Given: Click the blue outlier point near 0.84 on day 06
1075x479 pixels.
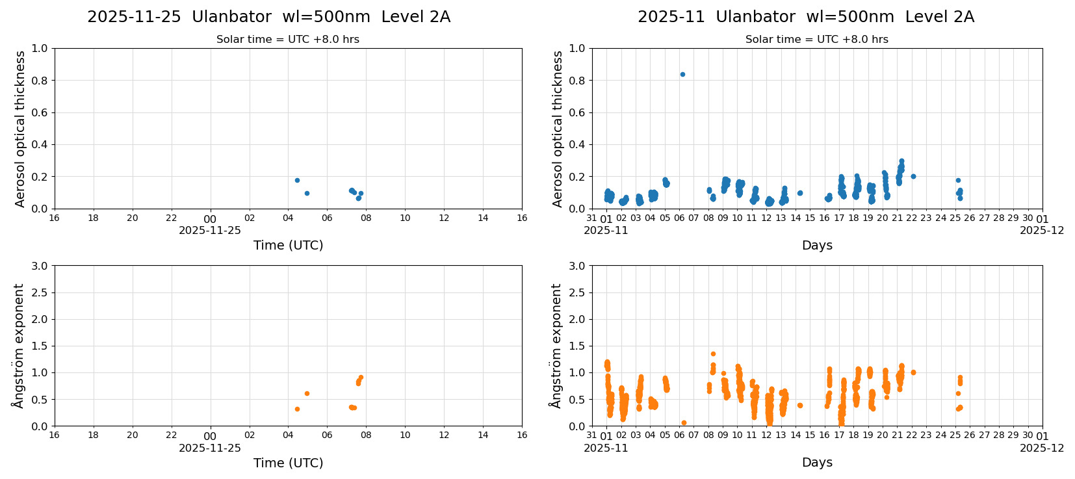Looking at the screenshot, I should [x=682, y=74].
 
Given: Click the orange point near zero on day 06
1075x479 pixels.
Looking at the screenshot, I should [x=684, y=422].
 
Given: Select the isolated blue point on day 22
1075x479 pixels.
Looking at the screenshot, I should [x=913, y=176].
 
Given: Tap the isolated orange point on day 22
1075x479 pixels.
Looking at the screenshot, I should [x=913, y=372].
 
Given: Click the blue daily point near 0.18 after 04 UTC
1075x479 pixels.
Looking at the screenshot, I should [x=297, y=180].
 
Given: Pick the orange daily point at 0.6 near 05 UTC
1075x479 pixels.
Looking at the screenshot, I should [x=307, y=393].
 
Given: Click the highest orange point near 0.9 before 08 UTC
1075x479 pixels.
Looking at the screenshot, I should [x=361, y=377].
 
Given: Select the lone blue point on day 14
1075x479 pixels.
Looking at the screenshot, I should [x=800, y=193].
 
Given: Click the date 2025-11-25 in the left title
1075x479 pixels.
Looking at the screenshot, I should [x=134, y=17].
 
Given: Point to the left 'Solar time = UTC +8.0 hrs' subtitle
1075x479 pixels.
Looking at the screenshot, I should [x=288, y=40].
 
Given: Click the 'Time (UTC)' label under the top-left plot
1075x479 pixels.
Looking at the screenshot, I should [x=288, y=245].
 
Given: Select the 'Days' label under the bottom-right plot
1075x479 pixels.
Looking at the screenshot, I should [x=817, y=462].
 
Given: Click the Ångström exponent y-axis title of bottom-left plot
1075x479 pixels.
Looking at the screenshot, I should [x=18, y=345].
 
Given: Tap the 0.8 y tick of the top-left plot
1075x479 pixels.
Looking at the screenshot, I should [x=40, y=81].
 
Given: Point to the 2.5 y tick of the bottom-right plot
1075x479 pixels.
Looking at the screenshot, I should [x=576, y=292].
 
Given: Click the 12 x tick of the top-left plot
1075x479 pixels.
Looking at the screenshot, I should [x=444, y=218].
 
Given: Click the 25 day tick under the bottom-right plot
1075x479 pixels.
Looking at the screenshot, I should [x=955, y=435].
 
